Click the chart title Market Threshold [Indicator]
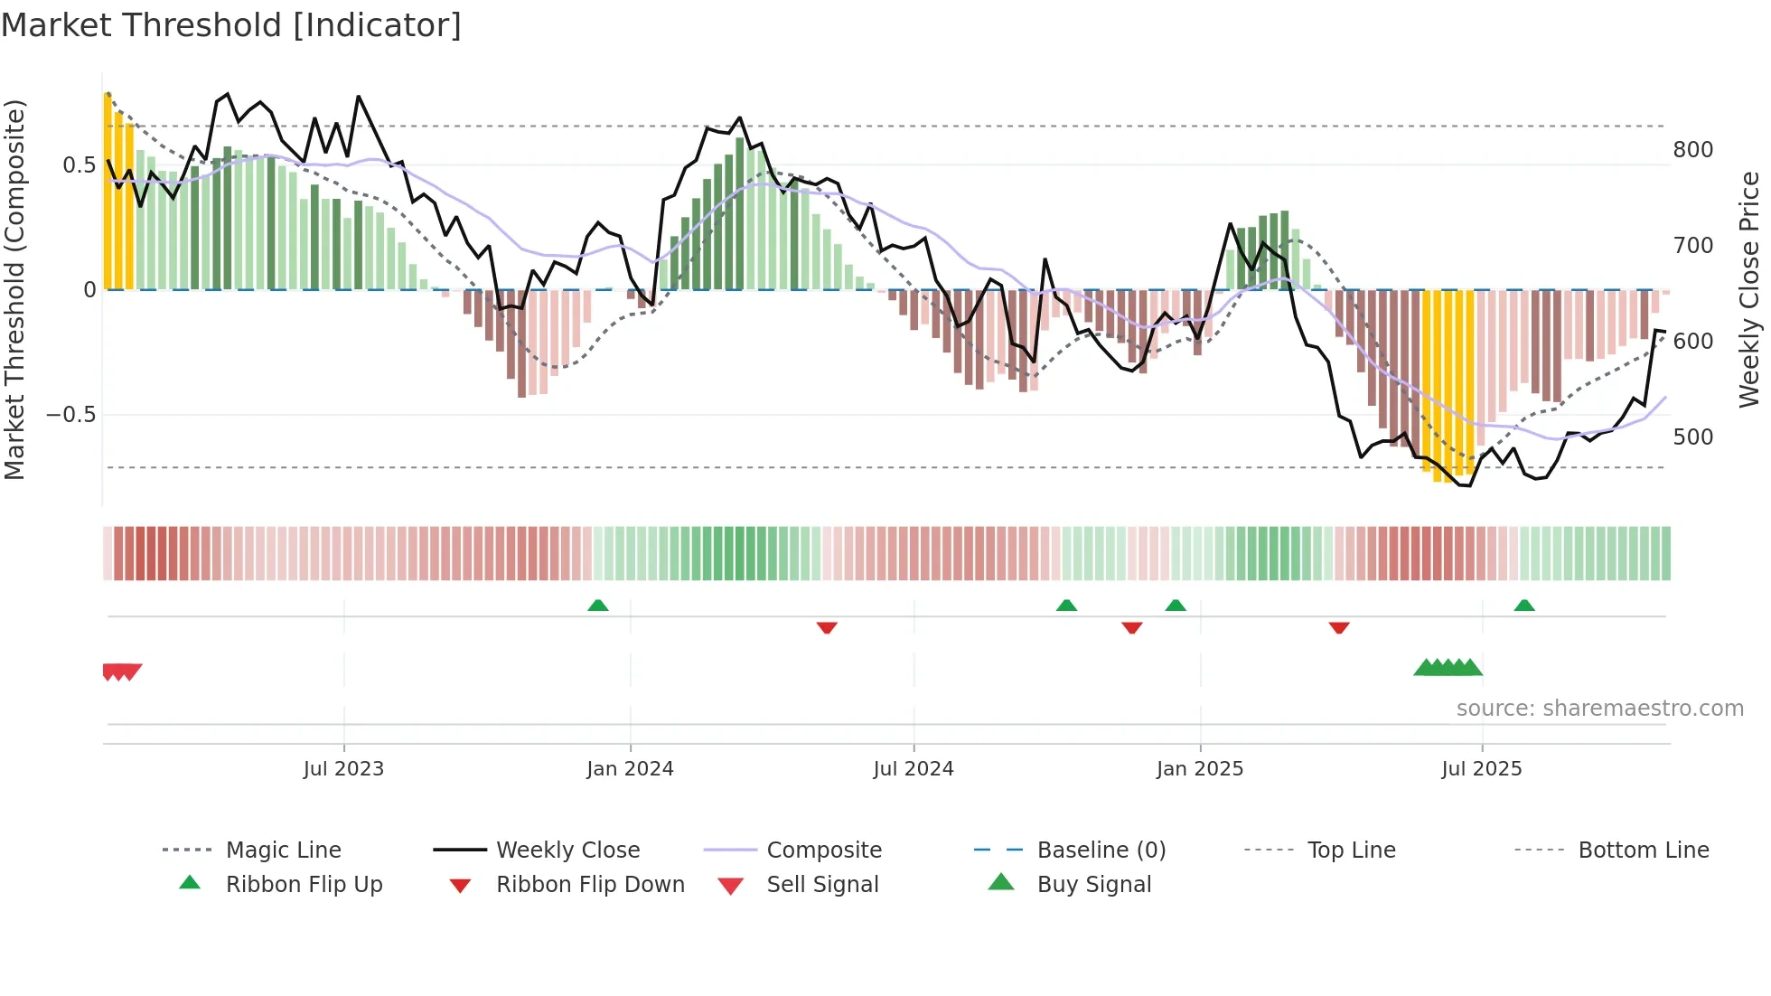231,25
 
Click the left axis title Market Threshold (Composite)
14,289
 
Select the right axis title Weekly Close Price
1749,289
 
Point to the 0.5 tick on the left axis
79,165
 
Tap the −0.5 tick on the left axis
71,415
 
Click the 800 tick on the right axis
1692,150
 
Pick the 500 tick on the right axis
1692,437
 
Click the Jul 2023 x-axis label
343,769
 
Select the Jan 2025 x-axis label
1200,769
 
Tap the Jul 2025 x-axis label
1482,769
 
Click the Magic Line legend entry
283,850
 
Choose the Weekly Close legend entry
567,850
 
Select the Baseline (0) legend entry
1101,850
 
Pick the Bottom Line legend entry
1643,850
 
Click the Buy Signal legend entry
1093,885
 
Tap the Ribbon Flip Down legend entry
590,885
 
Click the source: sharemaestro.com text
1599,709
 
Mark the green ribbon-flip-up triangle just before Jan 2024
597,606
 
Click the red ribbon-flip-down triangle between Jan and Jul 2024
827,627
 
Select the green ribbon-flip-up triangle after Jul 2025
1524,606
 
